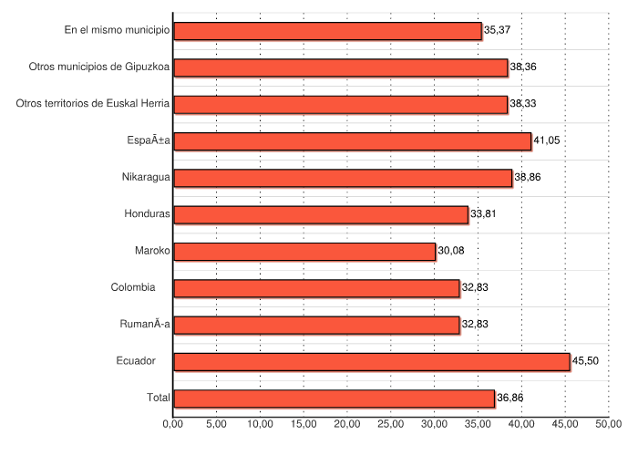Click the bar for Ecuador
point(371,361)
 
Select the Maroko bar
point(304,251)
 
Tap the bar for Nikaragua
point(342,178)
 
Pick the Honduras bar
point(320,214)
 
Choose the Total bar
point(334,399)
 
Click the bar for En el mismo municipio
point(327,31)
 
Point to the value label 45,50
point(586,361)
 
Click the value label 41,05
point(547,141)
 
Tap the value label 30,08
point(451,251)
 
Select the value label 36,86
point(510,399)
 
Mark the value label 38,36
point(523,67)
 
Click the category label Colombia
point(133,288)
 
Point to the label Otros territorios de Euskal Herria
point(93,104)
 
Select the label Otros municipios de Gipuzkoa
point(99,67)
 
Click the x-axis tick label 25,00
point(391,424)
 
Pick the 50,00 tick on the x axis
point(609,424)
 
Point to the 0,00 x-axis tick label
point(173,424)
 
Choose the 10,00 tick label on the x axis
point(260,424)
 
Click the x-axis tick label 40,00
point(521,424)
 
